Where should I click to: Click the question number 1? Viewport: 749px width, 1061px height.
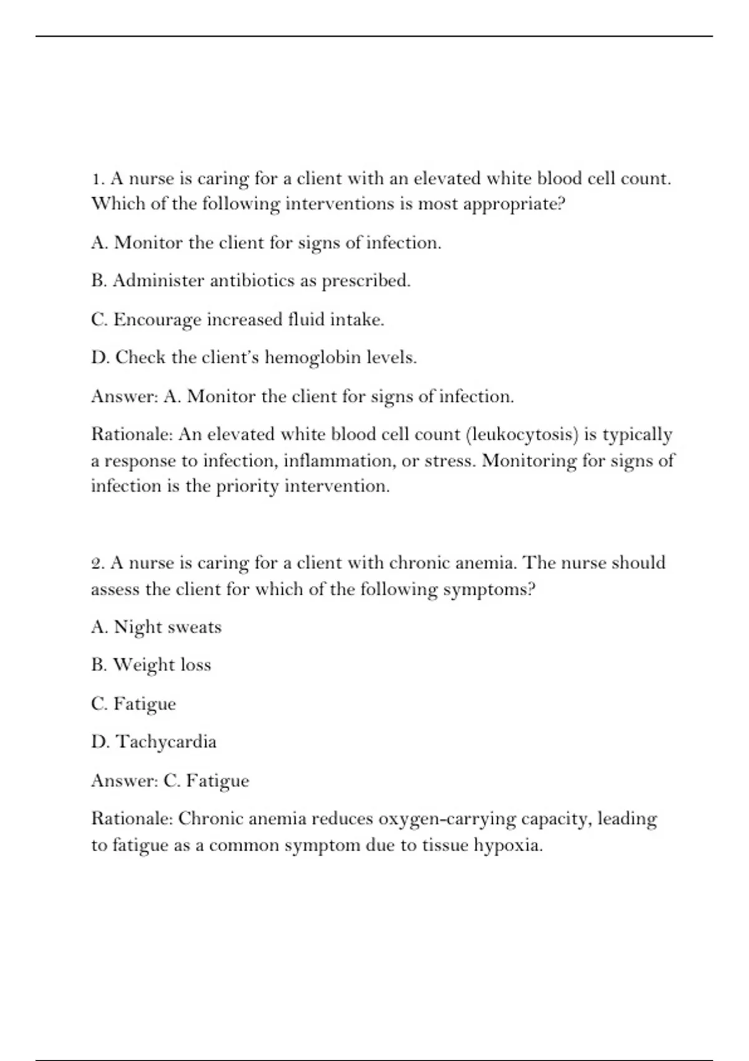point(97,179)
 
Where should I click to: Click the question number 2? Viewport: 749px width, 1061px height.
point(97,564)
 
